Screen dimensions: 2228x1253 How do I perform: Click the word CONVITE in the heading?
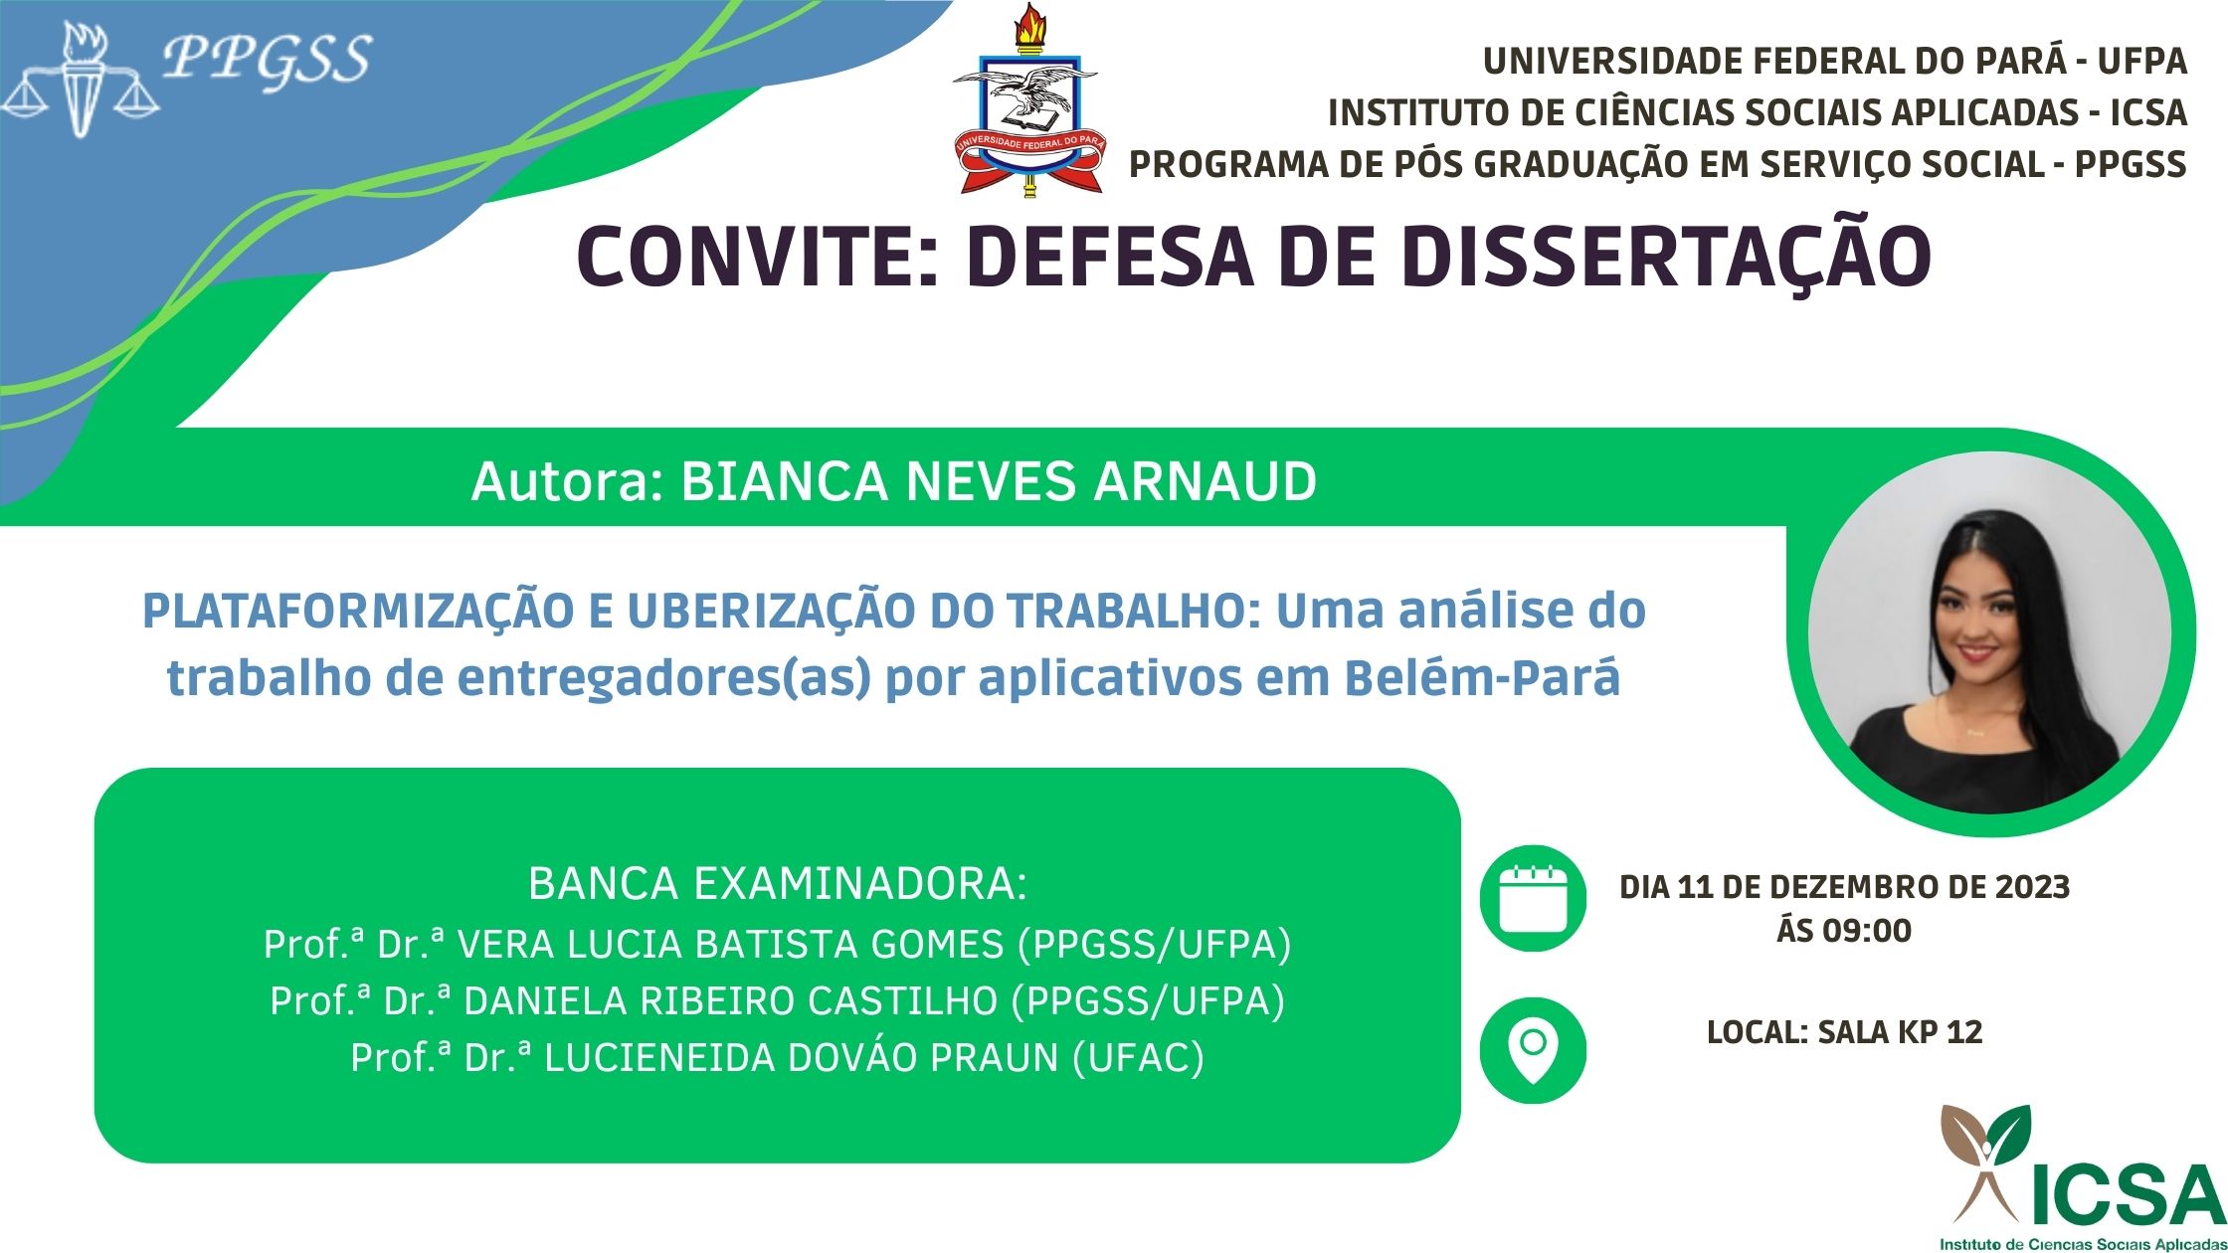point(750,257)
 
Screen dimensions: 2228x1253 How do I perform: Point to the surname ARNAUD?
point(1205,482)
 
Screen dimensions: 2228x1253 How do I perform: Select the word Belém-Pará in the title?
point(1482,678)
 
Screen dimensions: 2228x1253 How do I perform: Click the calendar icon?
point(1533,898)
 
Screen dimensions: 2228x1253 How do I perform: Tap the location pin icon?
point(1533,1050)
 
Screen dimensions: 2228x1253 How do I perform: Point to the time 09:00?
point(1871,931)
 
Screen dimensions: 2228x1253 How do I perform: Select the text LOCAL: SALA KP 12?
point(1845,1032)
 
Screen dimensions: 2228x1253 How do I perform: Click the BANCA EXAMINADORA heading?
point(777,884)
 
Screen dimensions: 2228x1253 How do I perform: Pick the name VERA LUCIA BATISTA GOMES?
point(730,944)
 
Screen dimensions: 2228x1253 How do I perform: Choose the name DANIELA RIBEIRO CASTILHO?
point(731,1000)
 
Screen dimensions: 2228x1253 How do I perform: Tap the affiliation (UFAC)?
point(1138,1057)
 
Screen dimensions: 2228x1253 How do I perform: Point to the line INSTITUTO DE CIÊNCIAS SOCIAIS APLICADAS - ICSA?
point(1758,112)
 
